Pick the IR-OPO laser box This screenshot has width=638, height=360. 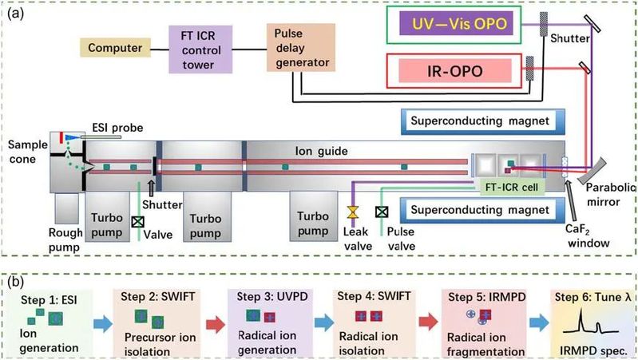click(454, 71)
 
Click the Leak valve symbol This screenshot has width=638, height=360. click(351, 214)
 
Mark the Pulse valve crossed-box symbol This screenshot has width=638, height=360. click(382, 212)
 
